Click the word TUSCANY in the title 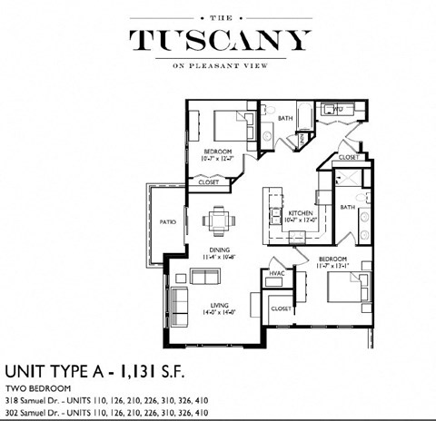click(x=218, y=39)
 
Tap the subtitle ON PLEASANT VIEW click(x=218, y=64)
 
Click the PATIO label click(x=166, y=220)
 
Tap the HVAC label click(x=276, y=272)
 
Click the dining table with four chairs click(x=217, y=220)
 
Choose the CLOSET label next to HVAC click(x=281, y=308)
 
